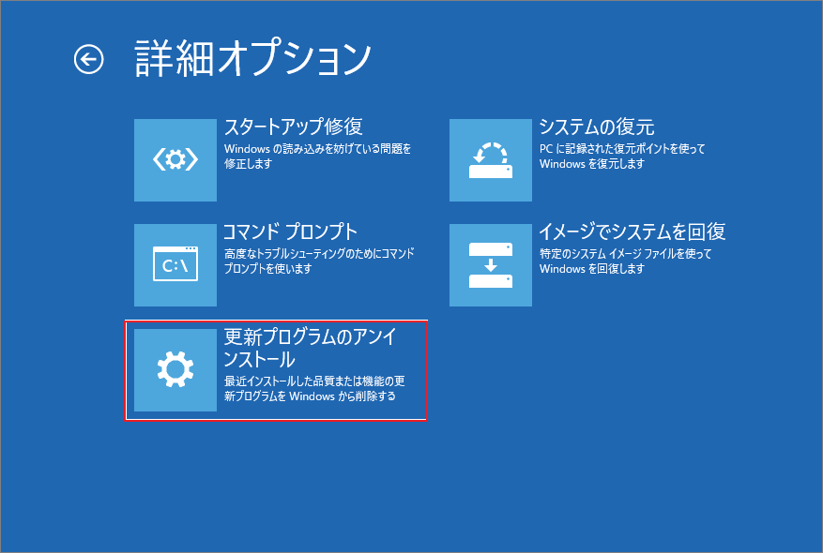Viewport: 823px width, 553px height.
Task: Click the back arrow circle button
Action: (89, 60)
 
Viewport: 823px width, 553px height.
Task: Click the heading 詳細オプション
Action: (253, 58)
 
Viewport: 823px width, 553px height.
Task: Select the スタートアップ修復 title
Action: (293, 127)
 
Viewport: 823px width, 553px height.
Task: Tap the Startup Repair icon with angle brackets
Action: (175, 160)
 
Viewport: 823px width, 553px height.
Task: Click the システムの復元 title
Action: (596, 127)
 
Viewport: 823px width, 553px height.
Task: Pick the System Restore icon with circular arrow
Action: (491, 160)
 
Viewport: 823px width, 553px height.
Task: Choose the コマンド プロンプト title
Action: (290, 232)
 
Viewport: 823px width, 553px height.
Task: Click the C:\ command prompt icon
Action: (175, 265)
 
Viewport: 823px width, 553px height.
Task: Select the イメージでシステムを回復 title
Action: (632, 232)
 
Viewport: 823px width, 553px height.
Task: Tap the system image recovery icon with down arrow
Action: (491, 265)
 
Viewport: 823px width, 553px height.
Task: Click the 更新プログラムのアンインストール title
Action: (309, 348)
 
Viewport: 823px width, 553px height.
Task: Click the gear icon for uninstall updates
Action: (175, 370)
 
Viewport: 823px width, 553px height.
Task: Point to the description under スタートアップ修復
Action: (317, 156)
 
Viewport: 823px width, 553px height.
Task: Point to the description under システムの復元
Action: (621, 156)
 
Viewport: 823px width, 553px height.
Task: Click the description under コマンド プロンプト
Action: (319, 261)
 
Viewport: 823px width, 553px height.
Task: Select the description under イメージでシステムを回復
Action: (625, 261)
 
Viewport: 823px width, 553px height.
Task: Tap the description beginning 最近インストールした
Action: (313, 389)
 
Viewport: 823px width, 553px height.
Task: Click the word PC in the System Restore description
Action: (547, 148)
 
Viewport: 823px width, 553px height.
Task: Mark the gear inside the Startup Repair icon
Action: (175, 160)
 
